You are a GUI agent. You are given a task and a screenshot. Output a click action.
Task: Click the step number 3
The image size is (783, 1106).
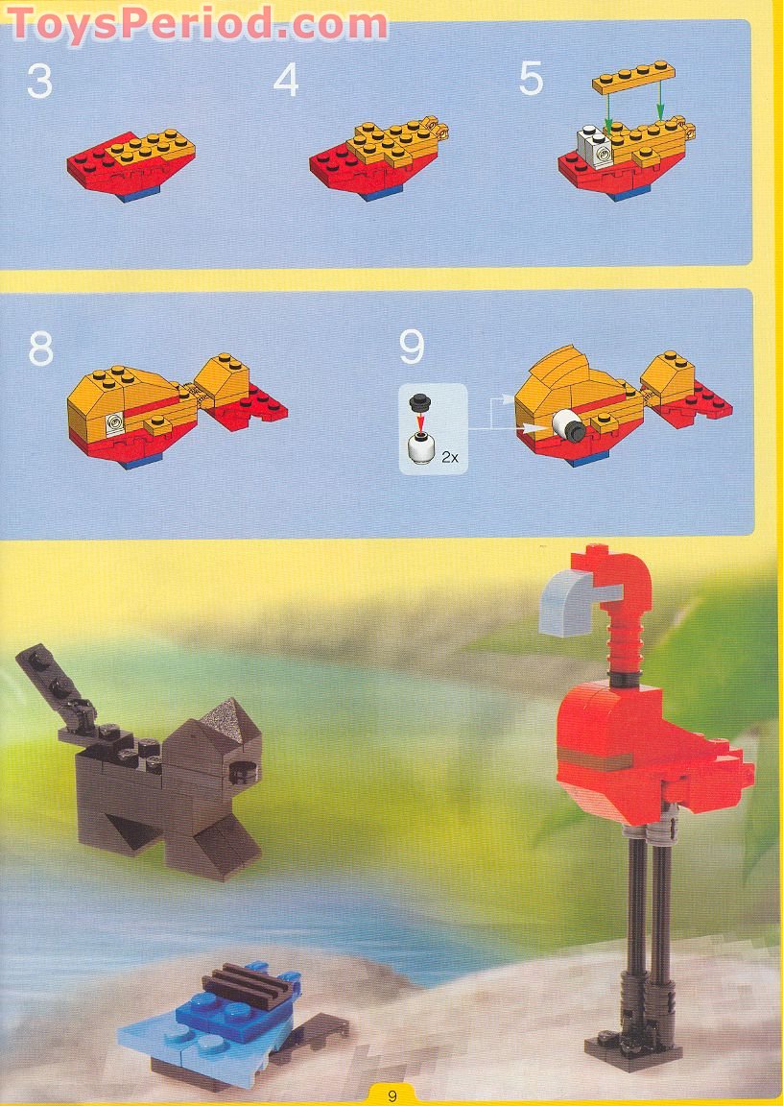pos(39,81)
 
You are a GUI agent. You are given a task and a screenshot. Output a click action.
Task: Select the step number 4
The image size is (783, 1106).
pos(286,81)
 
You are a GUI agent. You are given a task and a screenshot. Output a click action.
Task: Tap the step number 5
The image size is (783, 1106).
pos(531,80)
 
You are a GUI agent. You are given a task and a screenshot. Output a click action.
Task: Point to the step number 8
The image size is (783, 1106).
pos(40,349)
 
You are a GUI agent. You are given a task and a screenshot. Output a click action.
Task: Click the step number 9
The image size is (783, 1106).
pos(412,348)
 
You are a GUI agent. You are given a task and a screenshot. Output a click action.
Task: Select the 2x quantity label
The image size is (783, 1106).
pos(450,458)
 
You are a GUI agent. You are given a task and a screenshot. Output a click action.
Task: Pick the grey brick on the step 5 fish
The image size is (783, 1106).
pos(597,146)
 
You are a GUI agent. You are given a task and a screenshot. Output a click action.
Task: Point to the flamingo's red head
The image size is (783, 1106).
pos(614,572)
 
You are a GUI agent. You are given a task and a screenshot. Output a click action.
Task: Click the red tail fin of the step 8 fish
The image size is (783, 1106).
pos(259,404)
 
